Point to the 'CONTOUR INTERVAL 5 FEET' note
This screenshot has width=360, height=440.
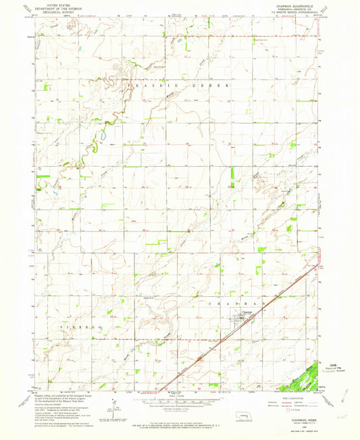(x=180, y=406)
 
